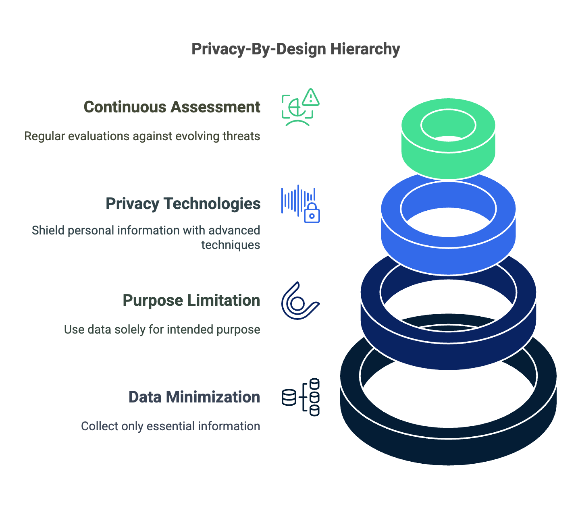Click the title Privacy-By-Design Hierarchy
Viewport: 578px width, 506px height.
coord(295,49)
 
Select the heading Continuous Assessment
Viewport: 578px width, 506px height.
coord(172,107)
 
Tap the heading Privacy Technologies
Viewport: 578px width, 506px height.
coord(183,204)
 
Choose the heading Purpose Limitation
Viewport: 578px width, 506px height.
coord(191,301)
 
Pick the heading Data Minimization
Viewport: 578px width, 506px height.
coord(194,397)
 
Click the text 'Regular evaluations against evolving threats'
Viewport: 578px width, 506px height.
coord(142,136)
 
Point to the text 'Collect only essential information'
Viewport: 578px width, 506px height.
coord(170,426)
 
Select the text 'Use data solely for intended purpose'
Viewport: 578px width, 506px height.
coord(162,330)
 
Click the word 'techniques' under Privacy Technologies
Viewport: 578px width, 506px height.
coord(231,245)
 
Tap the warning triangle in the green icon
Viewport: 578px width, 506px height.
coord(310,97)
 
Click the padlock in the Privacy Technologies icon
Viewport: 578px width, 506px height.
coord(312,214)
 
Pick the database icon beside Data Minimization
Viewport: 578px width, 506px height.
coord(301,397)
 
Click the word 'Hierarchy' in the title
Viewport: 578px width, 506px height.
coord(365,49)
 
